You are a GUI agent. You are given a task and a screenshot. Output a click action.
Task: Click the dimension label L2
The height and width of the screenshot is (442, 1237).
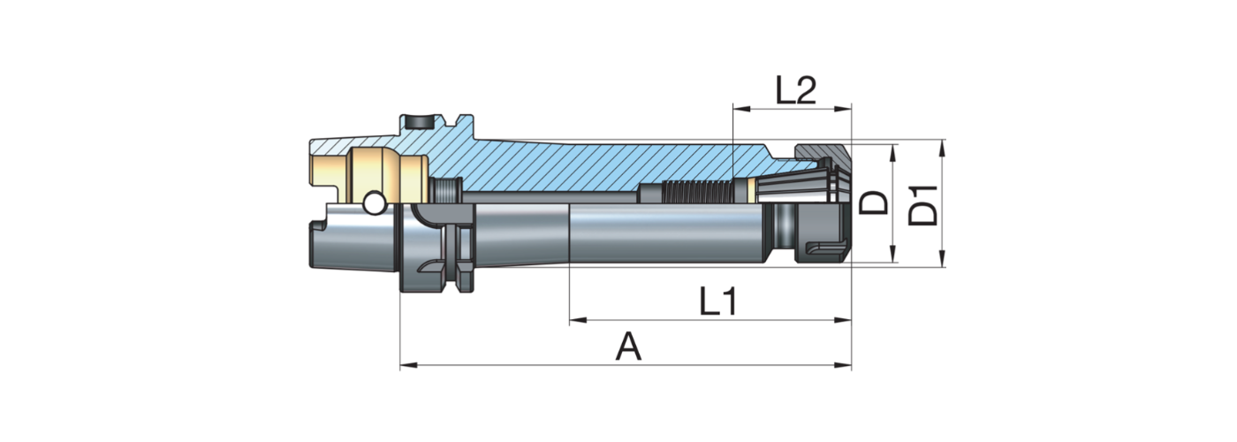coord(794,90)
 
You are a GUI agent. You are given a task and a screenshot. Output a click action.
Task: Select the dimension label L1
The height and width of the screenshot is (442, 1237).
coord(718,302)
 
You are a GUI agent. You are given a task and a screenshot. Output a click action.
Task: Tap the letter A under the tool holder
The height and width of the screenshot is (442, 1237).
coord(628,347)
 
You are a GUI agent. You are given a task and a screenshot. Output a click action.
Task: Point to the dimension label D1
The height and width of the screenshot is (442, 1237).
coord(924,203)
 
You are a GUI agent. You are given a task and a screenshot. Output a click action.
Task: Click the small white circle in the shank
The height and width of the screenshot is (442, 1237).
coord(373,203)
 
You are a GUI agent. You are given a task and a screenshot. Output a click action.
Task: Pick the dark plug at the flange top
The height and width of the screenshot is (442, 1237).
coord(418,120)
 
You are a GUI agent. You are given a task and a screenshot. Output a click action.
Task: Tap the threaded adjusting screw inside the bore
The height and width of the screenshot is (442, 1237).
coord(697,189)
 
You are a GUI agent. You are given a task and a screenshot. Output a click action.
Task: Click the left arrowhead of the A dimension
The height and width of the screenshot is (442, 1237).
coord(407,363)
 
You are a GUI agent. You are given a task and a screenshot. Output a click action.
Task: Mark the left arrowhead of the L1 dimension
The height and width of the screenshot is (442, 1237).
coord(577,320)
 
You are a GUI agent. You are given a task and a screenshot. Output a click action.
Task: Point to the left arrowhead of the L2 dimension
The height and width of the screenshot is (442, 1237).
coord(740,110)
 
